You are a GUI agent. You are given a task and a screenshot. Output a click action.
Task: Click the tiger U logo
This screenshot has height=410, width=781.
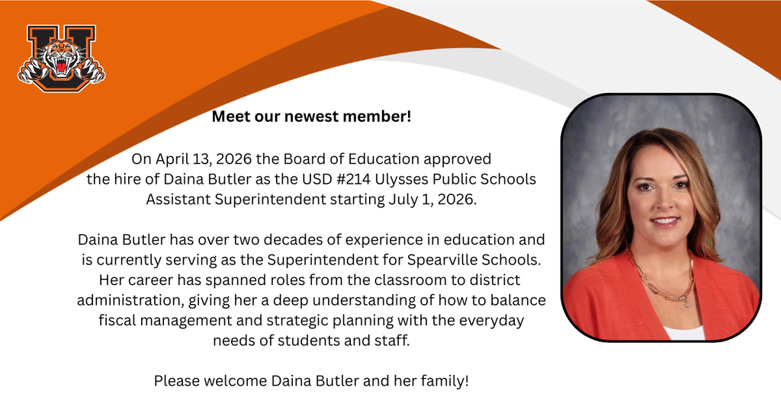coord(61,58)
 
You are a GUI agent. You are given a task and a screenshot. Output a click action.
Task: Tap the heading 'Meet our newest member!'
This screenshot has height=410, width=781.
coord(311,117)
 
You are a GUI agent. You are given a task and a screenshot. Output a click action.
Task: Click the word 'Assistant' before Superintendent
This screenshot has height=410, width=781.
coord(176,200)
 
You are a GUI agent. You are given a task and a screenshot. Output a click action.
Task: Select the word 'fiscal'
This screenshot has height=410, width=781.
coord(118,320)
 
